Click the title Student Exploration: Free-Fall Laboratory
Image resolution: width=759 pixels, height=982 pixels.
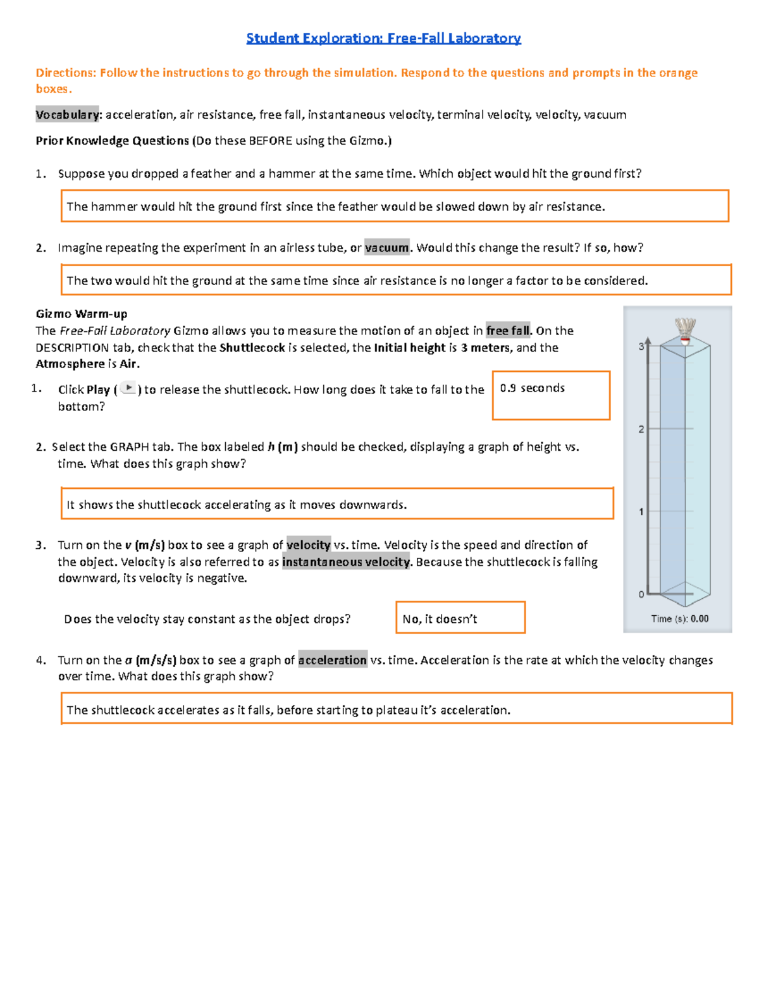(x=383, y=38)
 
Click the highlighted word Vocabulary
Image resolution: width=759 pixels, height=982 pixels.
(x=67, y=114)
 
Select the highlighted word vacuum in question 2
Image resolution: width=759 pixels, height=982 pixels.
(x=386, y=248)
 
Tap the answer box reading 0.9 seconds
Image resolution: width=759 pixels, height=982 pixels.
(x=550, y=395)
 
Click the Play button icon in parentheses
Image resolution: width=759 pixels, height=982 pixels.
(x=128, y=388)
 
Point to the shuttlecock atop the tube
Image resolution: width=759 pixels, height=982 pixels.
(x=685, y=331)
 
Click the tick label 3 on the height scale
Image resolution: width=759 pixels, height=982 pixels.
(x=641, y=347)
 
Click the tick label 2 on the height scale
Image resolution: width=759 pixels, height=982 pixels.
(x=641, y=429)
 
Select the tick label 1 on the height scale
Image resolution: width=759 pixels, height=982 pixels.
(x=641, y=512)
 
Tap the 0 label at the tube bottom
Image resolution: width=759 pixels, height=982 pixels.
(x=641, y=594)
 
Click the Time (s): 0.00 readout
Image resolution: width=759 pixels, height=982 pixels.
(x=679, y=619)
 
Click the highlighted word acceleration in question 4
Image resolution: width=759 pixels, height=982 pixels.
(x=333, y=660)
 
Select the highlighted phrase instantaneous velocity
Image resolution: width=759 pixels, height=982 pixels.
(x=346, y=562)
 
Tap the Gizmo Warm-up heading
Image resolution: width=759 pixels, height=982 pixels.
(x=82, y=314)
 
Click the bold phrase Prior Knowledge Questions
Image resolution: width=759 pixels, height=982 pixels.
(x=112, y=141)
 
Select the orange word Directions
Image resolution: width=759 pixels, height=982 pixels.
(x=66, y=73)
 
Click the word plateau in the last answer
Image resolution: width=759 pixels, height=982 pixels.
(x=396, y=710)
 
